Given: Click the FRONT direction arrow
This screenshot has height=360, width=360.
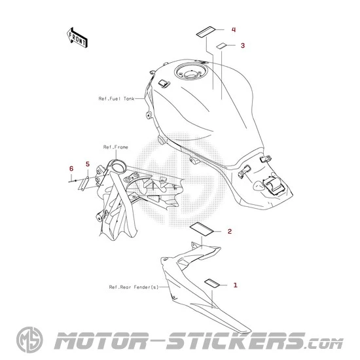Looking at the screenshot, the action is pyautogui.click(x=77, y=38).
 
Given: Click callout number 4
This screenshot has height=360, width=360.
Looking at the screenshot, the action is pyautogui.click(x=234, y=30).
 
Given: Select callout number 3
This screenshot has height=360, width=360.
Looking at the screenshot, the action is pyautogui.click(x=243, y=45).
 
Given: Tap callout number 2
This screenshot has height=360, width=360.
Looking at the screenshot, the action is pyautogui.click(x=230, y=232).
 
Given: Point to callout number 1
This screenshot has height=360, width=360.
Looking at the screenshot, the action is pyautogui.click(x=235, y=285).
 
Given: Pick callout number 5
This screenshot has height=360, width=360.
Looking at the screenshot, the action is pyautogui.click(x=88, y=164).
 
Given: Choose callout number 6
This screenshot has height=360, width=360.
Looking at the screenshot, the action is pyautogui.click(x=71, y=169).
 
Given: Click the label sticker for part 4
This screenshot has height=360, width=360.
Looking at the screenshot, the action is pyautogui.click(x=206, y=31).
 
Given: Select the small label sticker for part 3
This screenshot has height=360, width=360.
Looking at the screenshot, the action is pyautogui.click(x=221, y=46).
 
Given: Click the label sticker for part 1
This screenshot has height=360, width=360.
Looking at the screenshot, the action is pyautogui.click(x=212, y=283).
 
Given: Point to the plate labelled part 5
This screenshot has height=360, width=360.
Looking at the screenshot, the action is pyautogui.click(x=84, y=183).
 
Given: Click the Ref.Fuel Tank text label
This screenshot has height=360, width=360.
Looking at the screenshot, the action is pyautogui.click(x=116, y=99).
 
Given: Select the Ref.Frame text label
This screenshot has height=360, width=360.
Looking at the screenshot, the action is pyautogui.click(x=115, y=147).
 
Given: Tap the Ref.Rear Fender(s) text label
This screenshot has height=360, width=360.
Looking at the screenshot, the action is pyautogui.click(x=134, y=287).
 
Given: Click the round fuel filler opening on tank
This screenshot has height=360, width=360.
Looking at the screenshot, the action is pyautogui.click(x=191, y=71).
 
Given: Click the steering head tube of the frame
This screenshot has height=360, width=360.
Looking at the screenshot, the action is pyautogui.click(x=118, y=166).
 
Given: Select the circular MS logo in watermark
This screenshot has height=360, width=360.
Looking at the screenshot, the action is pyautogui.click(x=29, y=340).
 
